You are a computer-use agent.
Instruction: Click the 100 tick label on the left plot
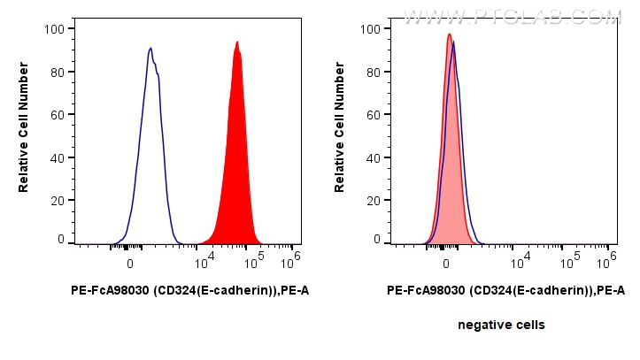[54, 29]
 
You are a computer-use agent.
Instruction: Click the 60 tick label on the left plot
[57, 115]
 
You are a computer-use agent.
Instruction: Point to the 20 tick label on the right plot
[373, 201]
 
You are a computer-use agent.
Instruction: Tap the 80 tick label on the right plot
[373, 73]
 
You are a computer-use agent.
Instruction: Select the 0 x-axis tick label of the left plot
[130, 263]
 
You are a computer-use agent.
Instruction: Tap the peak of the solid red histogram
[237, 42]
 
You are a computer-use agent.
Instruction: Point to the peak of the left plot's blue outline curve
[150, 48]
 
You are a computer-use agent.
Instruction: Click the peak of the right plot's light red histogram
[449, 34]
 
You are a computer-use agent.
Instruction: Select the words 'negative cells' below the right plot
[501, 326]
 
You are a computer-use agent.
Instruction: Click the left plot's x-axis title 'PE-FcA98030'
[189, 290]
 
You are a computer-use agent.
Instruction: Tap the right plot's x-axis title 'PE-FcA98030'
[505, 290]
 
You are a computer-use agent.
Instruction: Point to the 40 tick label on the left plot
[57, 158]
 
